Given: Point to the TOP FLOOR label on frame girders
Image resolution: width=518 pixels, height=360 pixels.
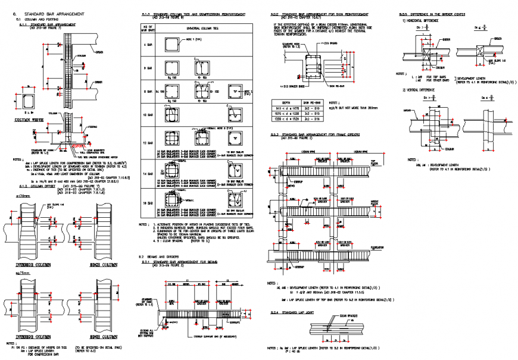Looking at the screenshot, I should (x=375, y=161).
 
